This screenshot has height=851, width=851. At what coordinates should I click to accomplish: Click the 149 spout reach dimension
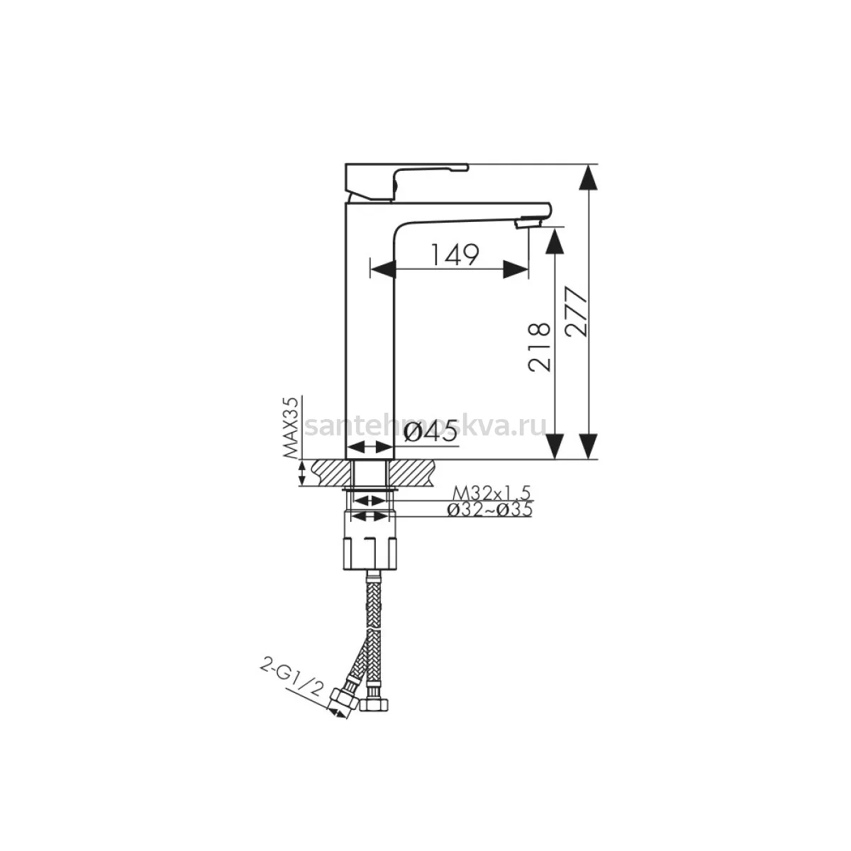click(455, 255)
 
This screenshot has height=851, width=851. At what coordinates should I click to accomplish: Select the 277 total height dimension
click(577, 312)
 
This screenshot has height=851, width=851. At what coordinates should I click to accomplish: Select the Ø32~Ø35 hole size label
click(489, 509)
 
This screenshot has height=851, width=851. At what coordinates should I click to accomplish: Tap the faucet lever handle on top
click(406, 182)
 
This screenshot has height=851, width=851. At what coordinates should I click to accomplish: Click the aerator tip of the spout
click(527, 222)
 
